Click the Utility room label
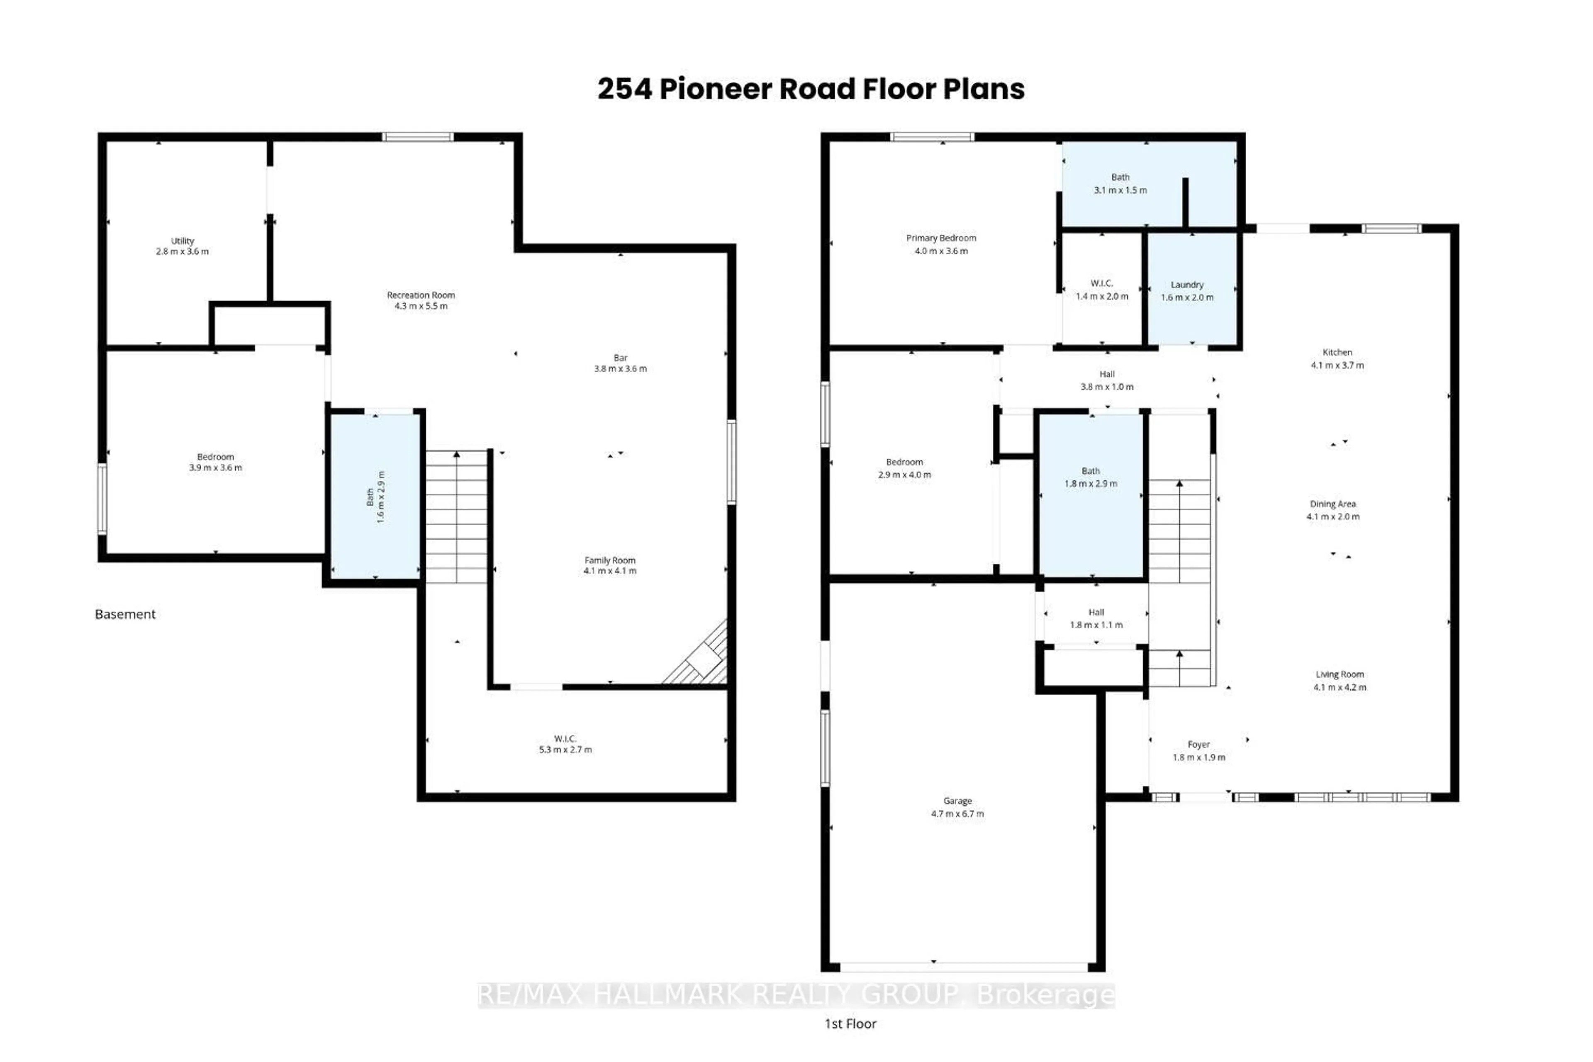[182, 241]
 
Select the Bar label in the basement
[621, 358]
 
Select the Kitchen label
[1337, 352]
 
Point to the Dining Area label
[1332, 504]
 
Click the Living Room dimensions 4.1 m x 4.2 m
[1340, 687]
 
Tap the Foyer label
[1198, 744]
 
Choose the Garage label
[957, 801]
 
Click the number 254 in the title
[624, 89]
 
